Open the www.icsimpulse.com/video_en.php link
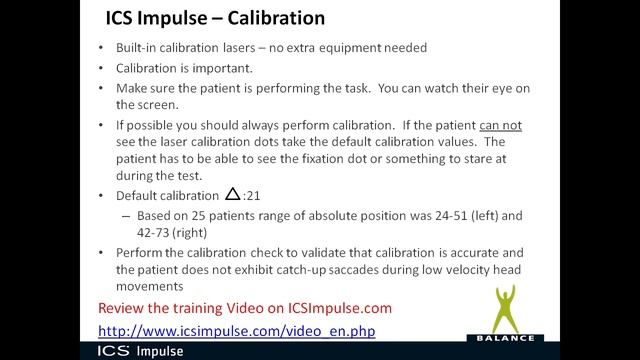[236, 330]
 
